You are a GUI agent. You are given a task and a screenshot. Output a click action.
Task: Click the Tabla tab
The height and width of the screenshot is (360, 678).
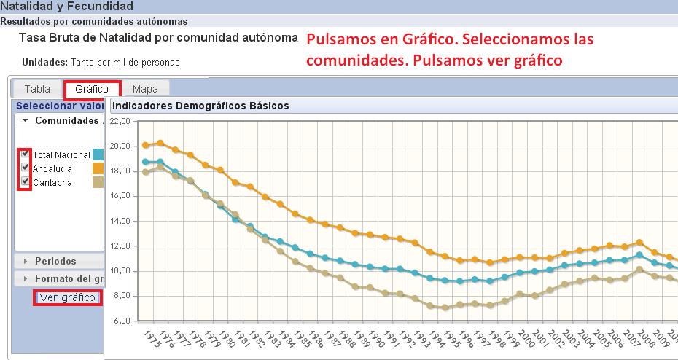(x=37, y=89)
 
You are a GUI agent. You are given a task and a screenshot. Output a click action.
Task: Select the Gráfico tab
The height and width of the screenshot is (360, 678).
(x=92, y=89)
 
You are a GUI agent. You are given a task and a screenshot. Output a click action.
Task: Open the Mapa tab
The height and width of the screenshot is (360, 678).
(x=145, y=89)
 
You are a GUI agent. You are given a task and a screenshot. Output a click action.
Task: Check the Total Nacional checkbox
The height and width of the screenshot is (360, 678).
(x=26, y=154)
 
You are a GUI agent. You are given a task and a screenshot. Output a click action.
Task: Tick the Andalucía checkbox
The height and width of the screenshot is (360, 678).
(x=26, y=168)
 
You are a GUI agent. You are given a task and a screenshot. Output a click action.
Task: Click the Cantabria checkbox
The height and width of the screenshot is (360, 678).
(x=26, y=181)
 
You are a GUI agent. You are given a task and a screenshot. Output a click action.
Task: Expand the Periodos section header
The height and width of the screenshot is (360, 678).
(x=55, y=261)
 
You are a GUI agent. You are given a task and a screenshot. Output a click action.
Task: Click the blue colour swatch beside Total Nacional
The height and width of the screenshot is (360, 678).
(x=98, y=154)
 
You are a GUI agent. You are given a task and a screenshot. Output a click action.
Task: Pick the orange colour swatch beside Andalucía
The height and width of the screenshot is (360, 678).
(x=98, y=168)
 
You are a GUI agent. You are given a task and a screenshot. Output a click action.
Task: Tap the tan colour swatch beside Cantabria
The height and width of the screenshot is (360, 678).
(x=98, y=182)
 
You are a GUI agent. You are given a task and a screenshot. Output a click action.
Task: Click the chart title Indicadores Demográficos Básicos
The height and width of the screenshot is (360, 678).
(x=200, y=106)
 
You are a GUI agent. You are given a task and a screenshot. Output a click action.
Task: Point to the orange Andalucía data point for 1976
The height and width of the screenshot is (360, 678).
(x=160, y=143)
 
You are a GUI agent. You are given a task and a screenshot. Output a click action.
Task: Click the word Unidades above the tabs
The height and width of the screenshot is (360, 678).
(x=44, y=63)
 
